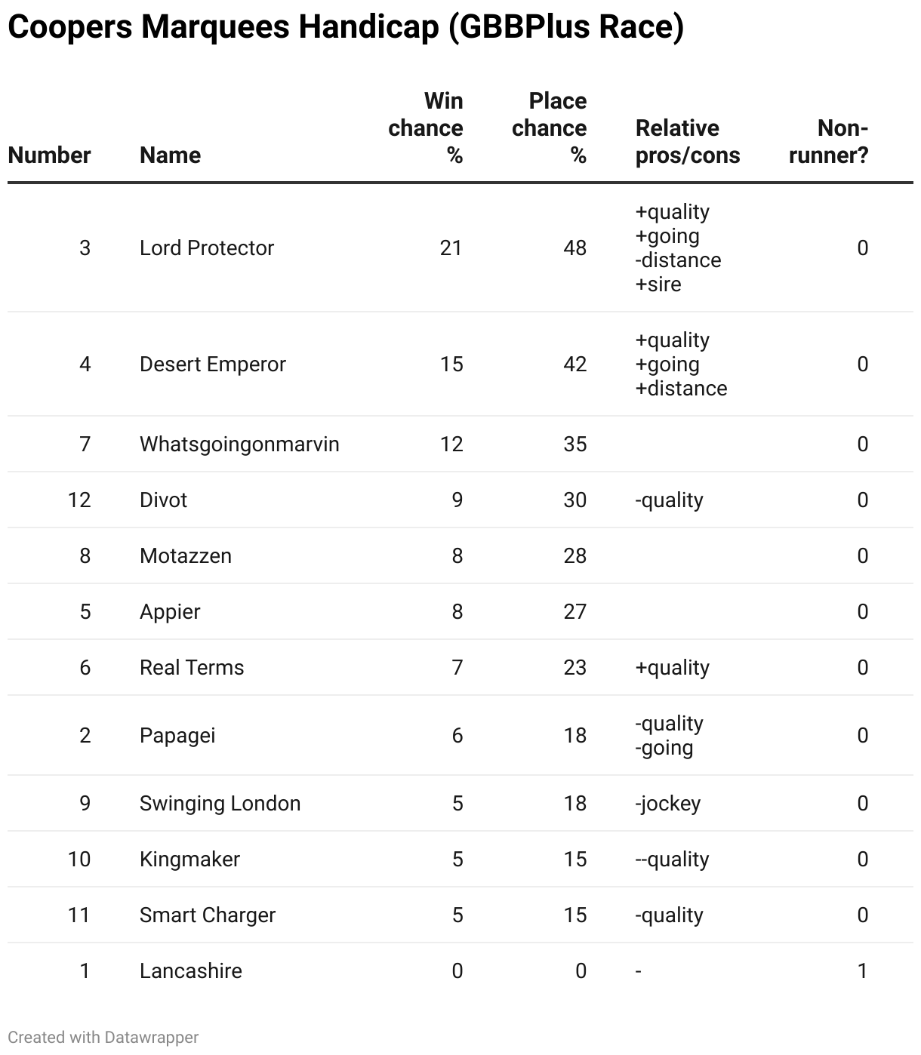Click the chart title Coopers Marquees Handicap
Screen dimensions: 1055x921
coord(345,28)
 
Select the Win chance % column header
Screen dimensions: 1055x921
coord(427,128)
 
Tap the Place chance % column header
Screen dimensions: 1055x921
coord(550,128)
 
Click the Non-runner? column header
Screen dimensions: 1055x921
coord(829,141)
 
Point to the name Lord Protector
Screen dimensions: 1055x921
coord(207,248)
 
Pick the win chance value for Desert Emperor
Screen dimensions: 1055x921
coord(451,364)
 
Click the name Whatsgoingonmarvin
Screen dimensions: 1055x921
coord(239,444)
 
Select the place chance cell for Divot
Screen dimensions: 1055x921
coord(574,500)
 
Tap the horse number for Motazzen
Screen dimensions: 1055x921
coord(85,556)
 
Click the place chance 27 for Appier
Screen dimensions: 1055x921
coord(574,612)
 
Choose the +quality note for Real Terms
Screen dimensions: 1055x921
coord(672,668)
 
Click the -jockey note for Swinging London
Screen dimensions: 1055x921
coord(668,804)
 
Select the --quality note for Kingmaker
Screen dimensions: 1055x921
coord(672,860)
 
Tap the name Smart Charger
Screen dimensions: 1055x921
coord(208,915)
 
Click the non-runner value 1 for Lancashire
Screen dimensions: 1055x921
coord(862,971)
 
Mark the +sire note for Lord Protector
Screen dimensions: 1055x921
coord(658,285)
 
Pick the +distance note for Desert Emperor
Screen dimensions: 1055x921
coord(682,389)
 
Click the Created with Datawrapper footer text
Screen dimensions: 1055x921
coord(103,1038)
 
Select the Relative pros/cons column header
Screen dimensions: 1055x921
coord(688,141)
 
